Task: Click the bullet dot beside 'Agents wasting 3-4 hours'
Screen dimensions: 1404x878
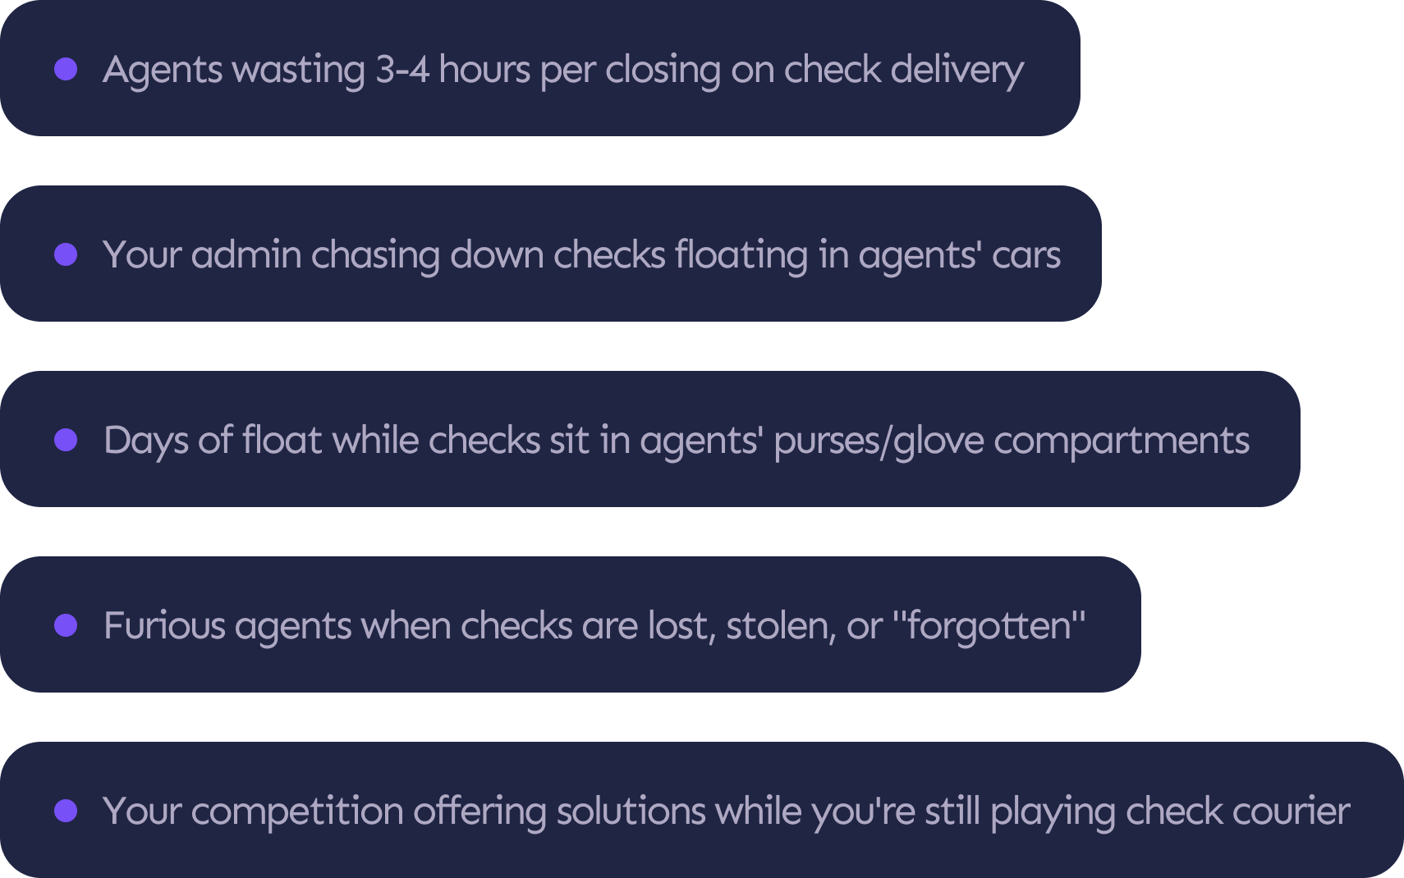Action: click(66, 69)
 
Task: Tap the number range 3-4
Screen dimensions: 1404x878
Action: click(402, 69)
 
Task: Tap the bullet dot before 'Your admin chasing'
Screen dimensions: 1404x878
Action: click(66, 254)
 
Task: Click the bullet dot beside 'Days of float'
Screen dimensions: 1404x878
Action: click(66, 440)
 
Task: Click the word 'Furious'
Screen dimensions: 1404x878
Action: click(164, 625)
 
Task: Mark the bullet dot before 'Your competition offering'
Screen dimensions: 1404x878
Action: click(66, 811)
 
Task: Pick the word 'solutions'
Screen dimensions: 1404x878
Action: click(631, 811)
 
